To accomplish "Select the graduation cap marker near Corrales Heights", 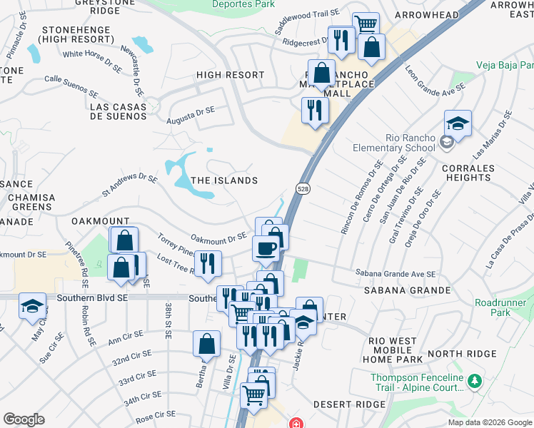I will click(x=458, y=123).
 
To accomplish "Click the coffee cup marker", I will click(x=266, y=248).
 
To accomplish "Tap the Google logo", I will click(x=24, y=419).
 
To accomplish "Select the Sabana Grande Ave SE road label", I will click(x=396, y=273).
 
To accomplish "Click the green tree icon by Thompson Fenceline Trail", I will click(x=473, y=382).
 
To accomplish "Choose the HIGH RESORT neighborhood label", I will click(x=230, y=75).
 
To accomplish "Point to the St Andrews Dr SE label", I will click(x=129, y=183).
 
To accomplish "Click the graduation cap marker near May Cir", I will click(x=32, y=305).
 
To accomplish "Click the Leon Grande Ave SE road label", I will click(x=435, y=81).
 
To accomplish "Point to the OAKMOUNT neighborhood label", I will click(x=101, y=222).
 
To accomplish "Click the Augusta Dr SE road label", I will click(x=191, y=116).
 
